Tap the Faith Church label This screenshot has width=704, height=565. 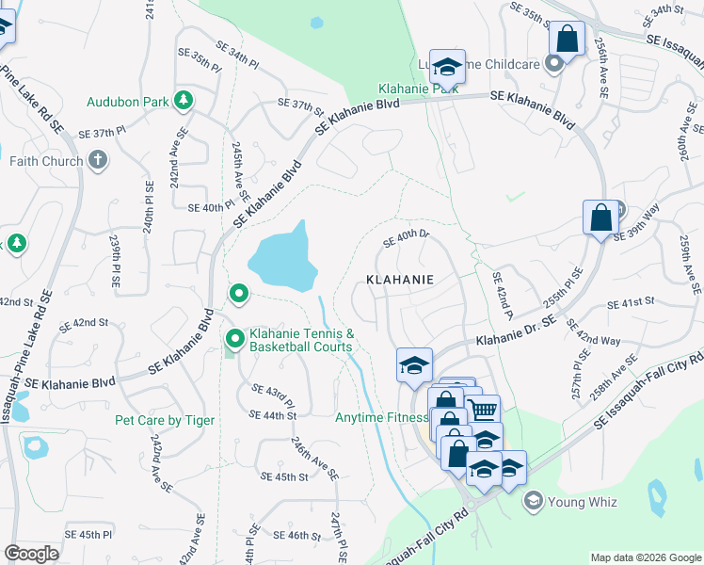click(x=46, y=161)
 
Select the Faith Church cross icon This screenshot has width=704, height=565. click(x=98, y=160)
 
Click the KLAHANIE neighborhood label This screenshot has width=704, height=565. click(x=400, y=280)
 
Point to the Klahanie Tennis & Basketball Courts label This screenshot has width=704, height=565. click(x=301, y=340)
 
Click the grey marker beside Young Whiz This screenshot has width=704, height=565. click(x=534, y=499)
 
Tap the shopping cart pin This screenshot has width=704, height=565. click(x=482, y=410)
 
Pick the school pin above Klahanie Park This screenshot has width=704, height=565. click(x=448, y=64)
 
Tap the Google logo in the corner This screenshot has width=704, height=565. click(x=31, y=554)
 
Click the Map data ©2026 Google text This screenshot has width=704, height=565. click(x=646, y=557)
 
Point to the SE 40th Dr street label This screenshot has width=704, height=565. click(x=406, y=239)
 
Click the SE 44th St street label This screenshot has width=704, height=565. click(x=273, y=415)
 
